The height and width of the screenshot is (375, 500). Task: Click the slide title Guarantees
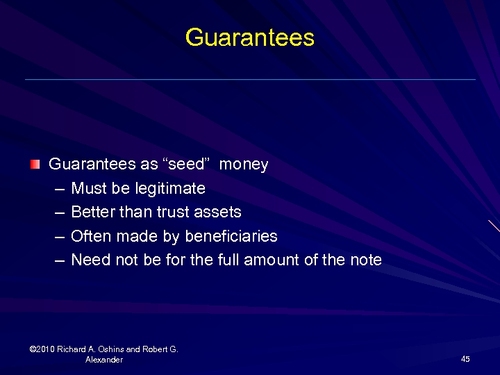(x=250, y=37)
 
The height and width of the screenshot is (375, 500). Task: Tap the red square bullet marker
(x=35, y=165)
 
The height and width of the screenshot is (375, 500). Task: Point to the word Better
(x=93, y=212)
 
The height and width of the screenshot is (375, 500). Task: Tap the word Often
(x=92, y=236)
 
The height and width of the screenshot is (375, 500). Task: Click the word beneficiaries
(x=231, y=236)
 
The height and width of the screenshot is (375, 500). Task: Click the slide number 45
(x=465, y=359)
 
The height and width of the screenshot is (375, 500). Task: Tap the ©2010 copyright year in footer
(x=43, y=349)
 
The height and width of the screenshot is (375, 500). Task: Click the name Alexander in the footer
(x=104, y=360)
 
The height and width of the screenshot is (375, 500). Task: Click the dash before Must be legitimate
(x=58, y=189)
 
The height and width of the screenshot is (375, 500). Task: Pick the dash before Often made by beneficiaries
(x=58, y=237)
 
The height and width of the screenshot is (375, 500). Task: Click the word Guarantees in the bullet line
(x=92, y=165)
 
